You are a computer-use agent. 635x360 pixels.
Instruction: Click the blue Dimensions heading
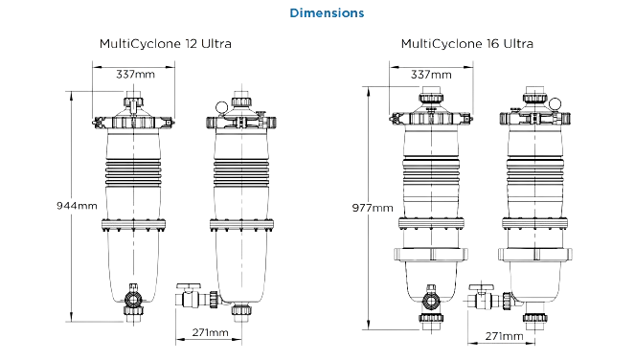click(x=327, y=13)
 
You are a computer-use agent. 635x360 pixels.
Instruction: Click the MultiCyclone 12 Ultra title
click(x=166, y=44)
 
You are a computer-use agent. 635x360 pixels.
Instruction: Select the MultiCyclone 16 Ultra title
click(x=467, y=44)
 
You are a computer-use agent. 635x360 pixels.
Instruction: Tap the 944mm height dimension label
click(x=77, y=206)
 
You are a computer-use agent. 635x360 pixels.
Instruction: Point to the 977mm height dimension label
click(x=373, y=208)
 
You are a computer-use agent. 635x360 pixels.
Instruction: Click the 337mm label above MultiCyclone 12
click(x=135, y=75)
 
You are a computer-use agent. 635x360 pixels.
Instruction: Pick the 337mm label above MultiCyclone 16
click(x=431, y=75)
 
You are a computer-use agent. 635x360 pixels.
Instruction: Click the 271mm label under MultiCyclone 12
click(x=210, y=332)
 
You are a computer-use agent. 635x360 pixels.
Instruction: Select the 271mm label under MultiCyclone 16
click(x=504, y=336)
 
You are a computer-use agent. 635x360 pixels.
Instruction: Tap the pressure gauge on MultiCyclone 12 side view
click(x=221, y=107)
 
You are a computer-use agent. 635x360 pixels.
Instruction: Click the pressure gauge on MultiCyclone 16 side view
click(x=555, y=103)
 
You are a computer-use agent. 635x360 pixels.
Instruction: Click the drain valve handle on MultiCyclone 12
click(x=189, y=286)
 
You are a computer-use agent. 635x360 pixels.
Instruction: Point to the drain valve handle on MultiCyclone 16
click(x=481, y=287)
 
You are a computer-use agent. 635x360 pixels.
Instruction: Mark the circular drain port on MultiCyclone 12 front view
click(x=133, y=299)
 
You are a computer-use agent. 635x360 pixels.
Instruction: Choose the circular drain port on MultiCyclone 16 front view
click(x=431, y=301)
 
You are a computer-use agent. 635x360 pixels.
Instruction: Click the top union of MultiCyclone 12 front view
click(x=133, y=101)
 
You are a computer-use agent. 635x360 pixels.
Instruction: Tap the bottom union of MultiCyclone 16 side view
click(x=535, y=317)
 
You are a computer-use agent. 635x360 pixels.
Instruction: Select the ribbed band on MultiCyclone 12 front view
click(x=133, y=172)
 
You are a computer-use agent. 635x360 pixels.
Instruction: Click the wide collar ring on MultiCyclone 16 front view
click(x=431, y=254)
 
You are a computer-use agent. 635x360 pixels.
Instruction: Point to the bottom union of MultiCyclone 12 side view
click(x=241, y=310)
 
